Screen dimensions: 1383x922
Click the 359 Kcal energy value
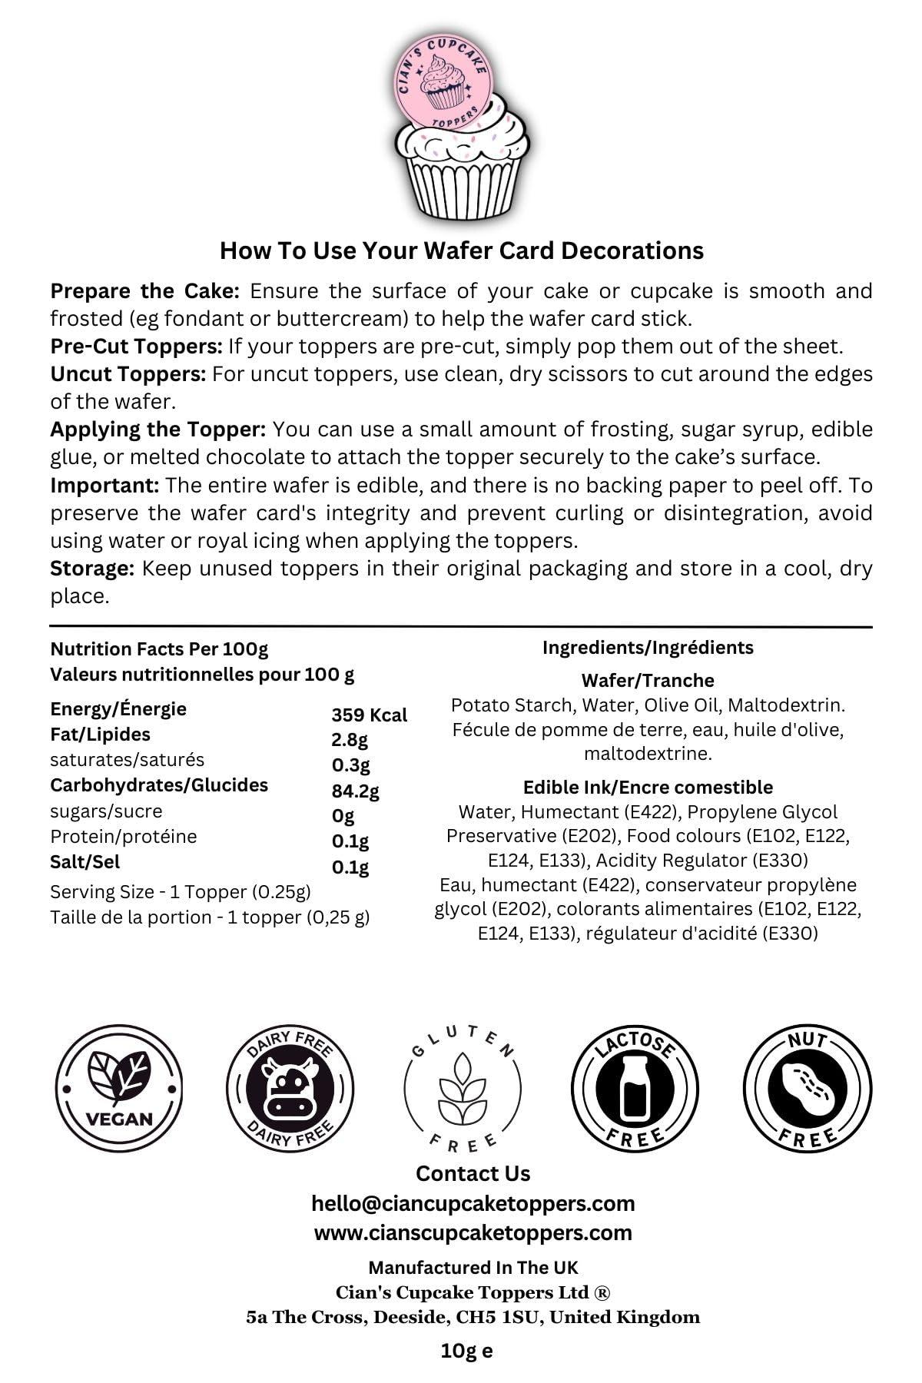tap(369, 715)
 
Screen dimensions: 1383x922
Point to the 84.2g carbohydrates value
tap(355, 791)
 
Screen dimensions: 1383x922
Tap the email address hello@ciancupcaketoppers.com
tap(473, 1203)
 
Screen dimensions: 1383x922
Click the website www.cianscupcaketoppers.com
tap(473, 1232)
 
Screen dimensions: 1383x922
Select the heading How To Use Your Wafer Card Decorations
tap(462, 250)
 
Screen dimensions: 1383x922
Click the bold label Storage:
tap(92, 569)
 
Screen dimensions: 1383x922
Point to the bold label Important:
tap(104, 486)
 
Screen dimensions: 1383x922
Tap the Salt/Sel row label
tap(85, 862)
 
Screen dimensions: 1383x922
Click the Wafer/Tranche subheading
tap(648, 680)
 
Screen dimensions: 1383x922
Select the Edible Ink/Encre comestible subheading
tap(648, 787)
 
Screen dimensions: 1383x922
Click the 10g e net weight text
tap(466, 1351)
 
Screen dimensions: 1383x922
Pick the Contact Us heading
tap(473, 1173)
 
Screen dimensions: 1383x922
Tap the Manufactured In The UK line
tap(473, 1267)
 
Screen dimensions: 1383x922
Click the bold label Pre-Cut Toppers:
tap(136, 346)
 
